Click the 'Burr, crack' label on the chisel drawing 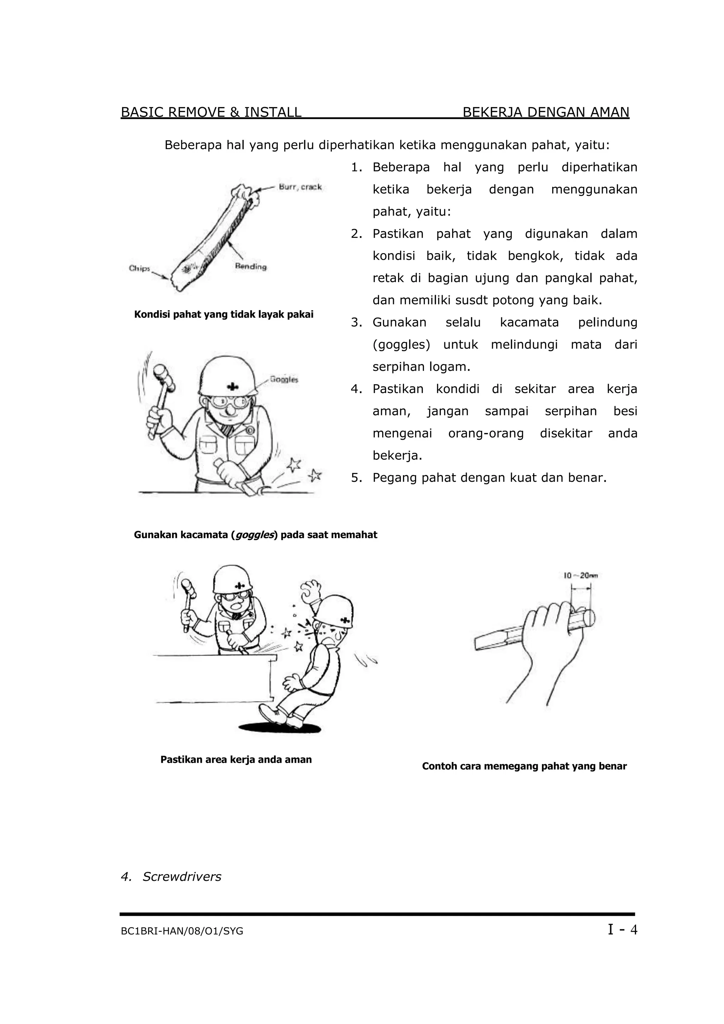pos(300,187)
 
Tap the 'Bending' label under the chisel pos(251,267)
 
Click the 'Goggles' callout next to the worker pos(284,380)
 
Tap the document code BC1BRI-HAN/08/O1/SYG pos(182,931)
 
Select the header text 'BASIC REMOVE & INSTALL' pos(211,112)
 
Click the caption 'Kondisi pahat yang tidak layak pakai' pos(223,315)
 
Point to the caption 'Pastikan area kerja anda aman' pos(236,760)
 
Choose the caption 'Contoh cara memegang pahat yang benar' pos(524,766)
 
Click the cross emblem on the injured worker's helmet pos(344,620)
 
